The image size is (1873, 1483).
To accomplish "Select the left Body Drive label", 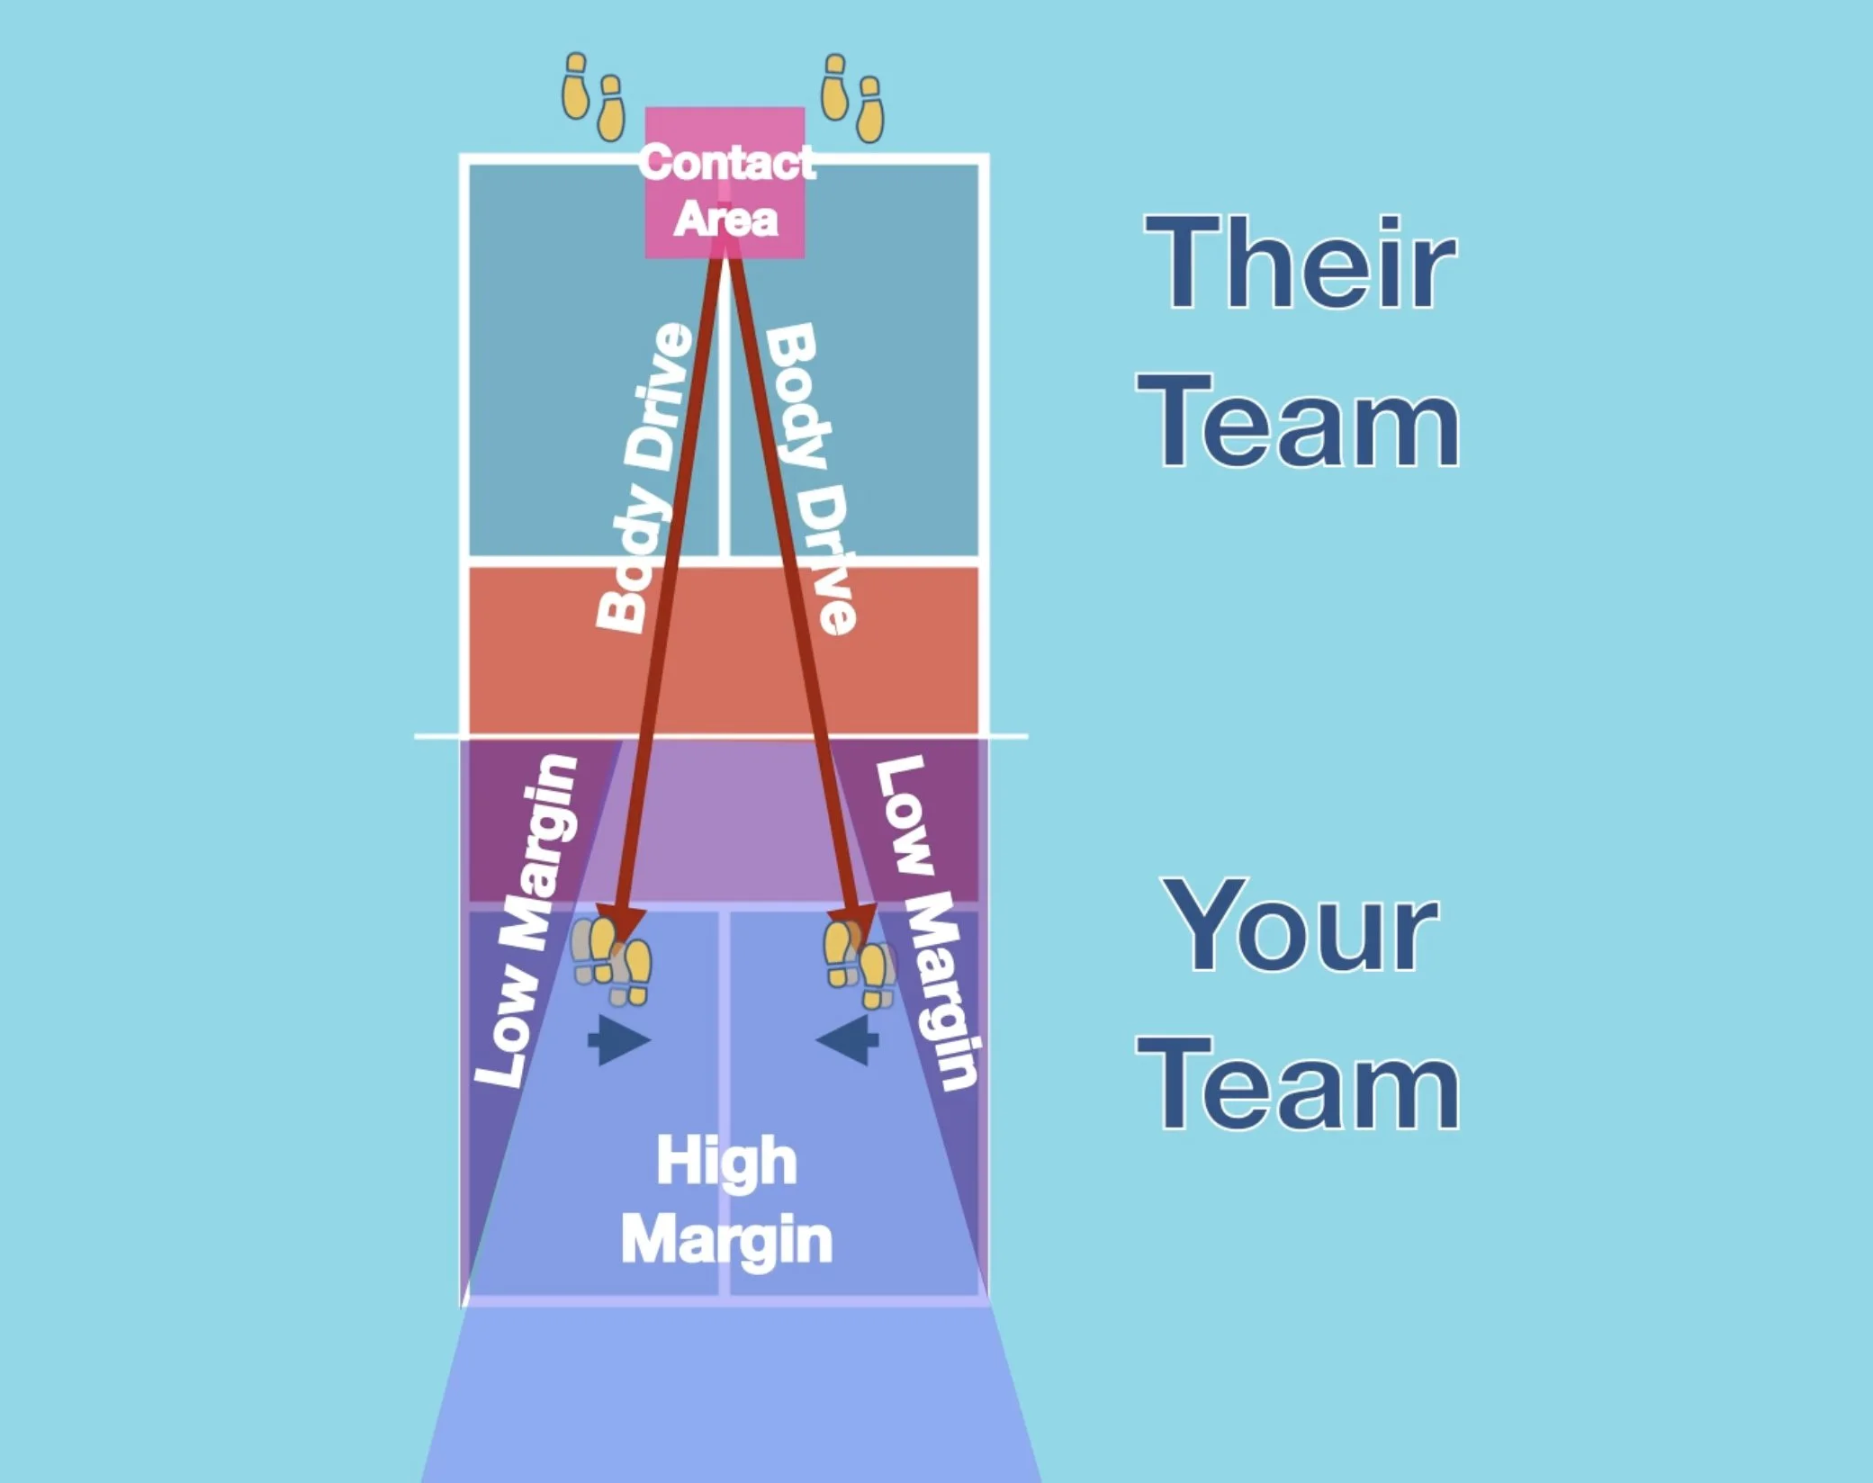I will pos(644,477).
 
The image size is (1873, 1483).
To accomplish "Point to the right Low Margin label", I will pos(927,922).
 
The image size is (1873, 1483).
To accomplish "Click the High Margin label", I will pos(726,1200).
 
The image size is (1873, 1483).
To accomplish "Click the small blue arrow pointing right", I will pos(618,1041).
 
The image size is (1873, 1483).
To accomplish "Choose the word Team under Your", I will pos(1299,1084).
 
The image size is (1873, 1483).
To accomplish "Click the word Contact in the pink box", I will pos(726,164).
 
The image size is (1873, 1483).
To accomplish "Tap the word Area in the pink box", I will pos(725,220).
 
